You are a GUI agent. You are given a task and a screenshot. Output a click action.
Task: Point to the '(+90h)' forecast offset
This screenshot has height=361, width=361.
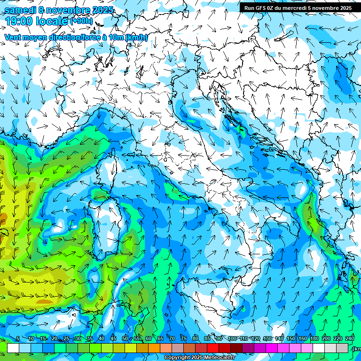[82, 21]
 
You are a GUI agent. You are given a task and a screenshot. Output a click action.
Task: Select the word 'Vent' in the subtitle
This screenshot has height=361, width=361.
[13, 38]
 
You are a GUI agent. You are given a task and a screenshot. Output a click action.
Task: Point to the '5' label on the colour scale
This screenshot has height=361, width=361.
[18, 338]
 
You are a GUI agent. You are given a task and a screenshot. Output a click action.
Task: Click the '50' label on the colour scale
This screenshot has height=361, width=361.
[125, 338]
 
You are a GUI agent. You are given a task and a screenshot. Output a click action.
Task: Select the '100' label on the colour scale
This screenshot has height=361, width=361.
[232, 338]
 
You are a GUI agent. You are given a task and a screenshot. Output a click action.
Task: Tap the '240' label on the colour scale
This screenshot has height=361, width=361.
[350, 338]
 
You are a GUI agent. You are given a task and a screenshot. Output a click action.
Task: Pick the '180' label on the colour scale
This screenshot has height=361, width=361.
[314, 338]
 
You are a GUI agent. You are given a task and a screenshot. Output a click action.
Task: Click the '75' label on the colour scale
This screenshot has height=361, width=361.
[184, 338]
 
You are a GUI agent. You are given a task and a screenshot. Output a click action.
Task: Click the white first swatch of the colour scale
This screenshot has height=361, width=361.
[13, 348]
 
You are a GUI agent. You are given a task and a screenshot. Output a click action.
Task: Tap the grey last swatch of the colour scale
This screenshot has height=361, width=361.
[343, 348]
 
